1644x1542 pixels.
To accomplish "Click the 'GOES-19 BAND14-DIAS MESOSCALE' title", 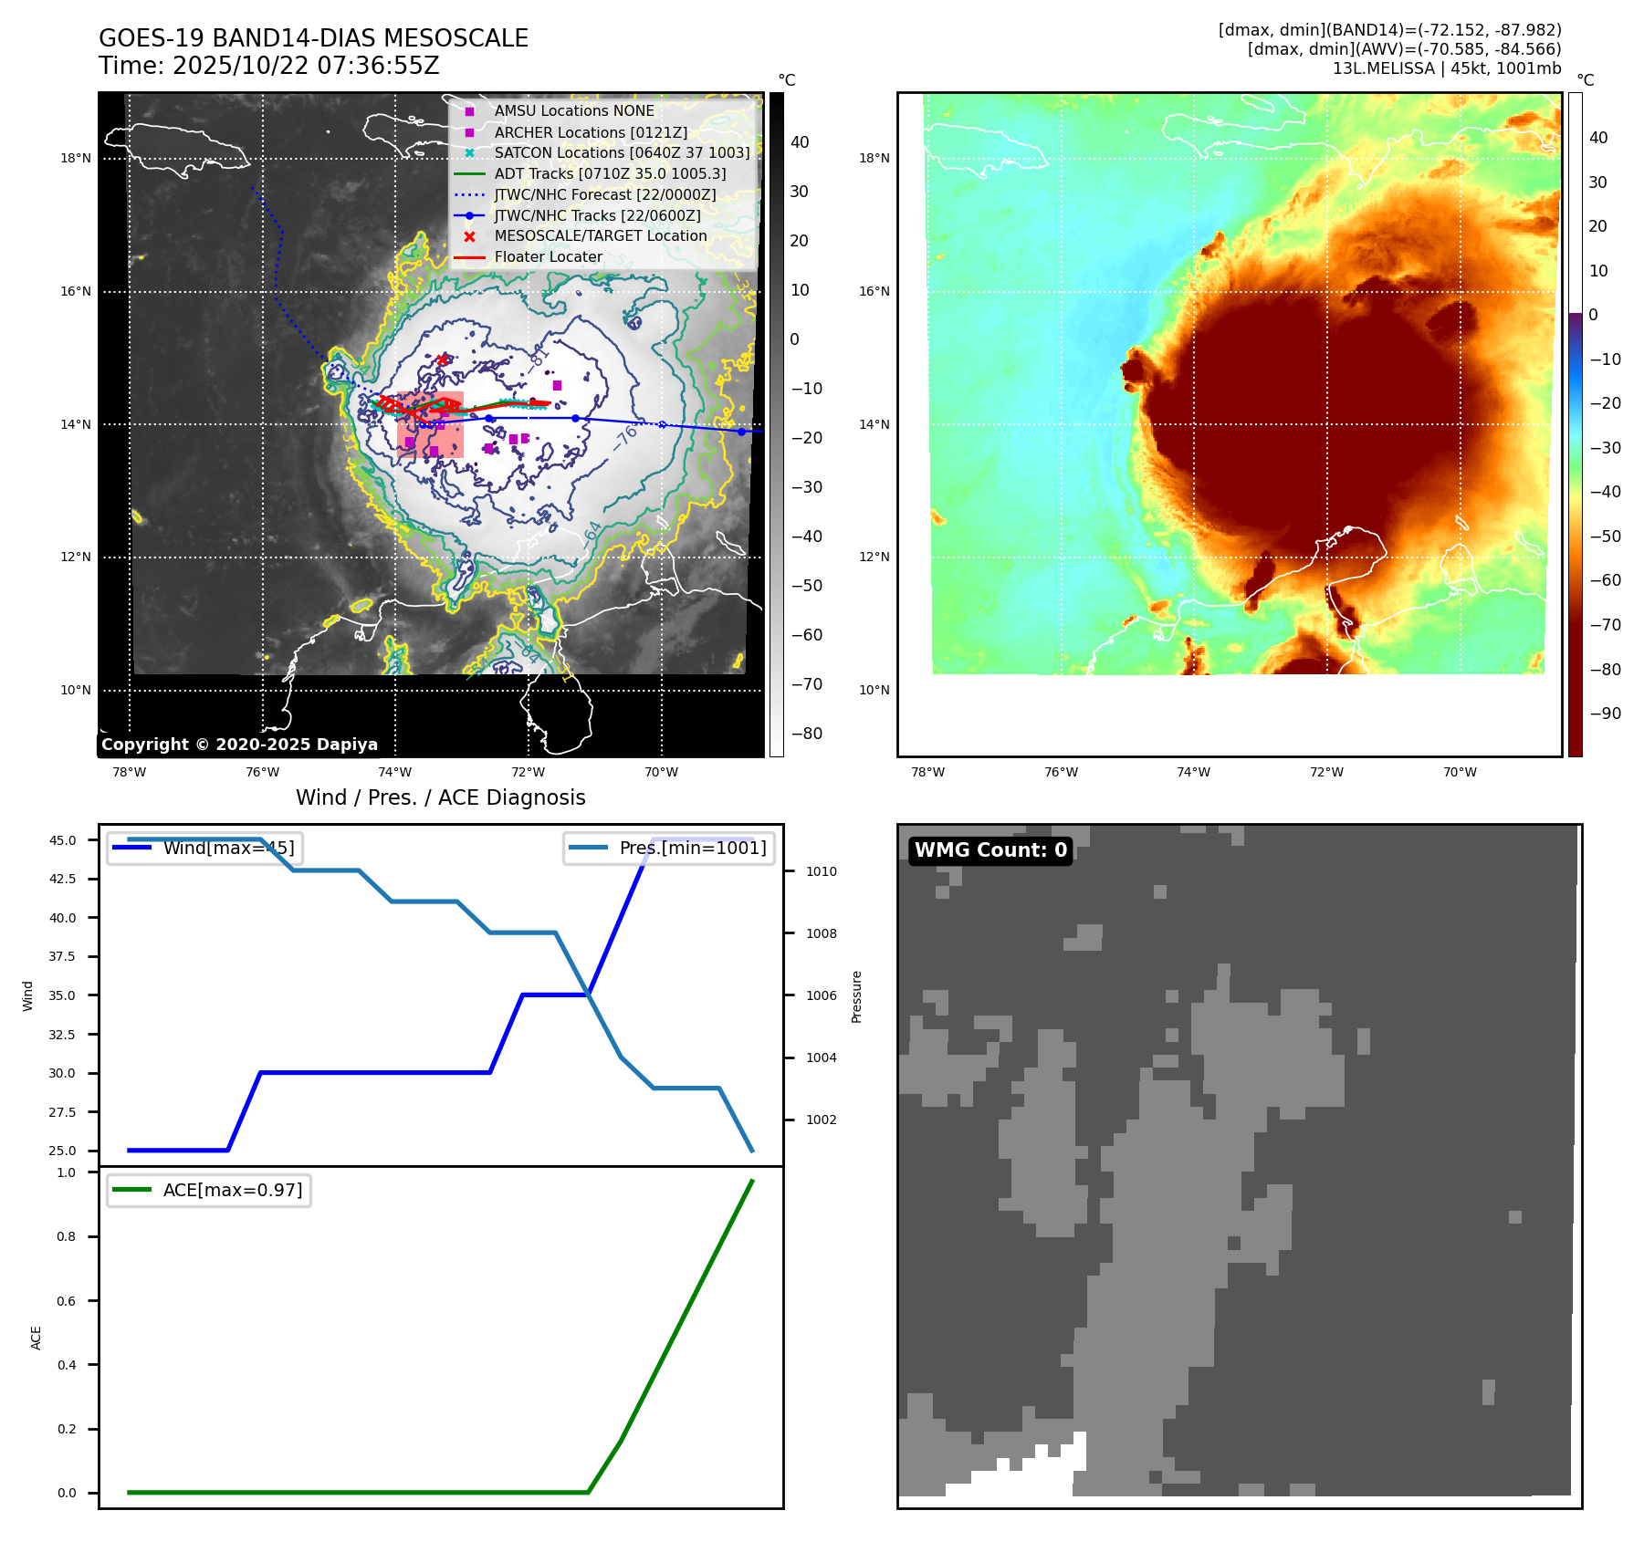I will pyautogui.click(x=313, y=38).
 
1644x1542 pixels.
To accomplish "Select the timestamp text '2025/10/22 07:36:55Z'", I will pyautogui.click(x=306, y=66).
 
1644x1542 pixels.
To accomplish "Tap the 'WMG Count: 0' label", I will pyautogui.click(x=990, y=850).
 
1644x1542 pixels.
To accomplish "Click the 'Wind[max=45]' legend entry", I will pyautogui.click(x=228, y=848).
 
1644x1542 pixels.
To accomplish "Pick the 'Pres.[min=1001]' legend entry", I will pyautogui.click(x=692, y=848).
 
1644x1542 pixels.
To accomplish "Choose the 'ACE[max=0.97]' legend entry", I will pyautogui.click(x=232, y=1190).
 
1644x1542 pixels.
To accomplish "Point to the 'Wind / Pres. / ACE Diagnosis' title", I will pyautogui.click(x=440, y=797).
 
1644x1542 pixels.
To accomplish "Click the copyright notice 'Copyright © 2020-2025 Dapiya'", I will pyautogui.click(x=239, y=745).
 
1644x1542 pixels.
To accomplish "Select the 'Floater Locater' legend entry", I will pyautogui.click(x=548, y=257).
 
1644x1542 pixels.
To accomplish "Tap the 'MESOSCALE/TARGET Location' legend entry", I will pyautogui.click(x=600, y=236).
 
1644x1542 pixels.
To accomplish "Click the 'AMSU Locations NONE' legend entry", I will pyautogui.click(x=574, y=111).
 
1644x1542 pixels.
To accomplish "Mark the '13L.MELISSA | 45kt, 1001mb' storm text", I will pyautogui.click(x=1446, y=68).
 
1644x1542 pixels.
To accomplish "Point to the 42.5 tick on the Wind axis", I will pyautogui.click(x=63, y=879).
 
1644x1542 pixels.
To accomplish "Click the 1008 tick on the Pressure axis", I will pyautogui.click(x=821, y=933).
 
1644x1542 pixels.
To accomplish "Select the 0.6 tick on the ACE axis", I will pyautogui.click(x=67, y=1301).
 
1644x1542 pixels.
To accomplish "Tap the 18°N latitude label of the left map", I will pyautogui.click(x=76, y=159).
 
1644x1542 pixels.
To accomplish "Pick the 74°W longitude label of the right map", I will pyautogui.click(x=1193, y=772).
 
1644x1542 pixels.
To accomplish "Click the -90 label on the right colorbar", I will pyautogui.click(x=1605, y=714).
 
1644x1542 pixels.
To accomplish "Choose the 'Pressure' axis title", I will pyautogui.click(x=856, y=996).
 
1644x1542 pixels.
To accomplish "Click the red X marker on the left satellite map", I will pyautogui.click(x=443, y=359).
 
